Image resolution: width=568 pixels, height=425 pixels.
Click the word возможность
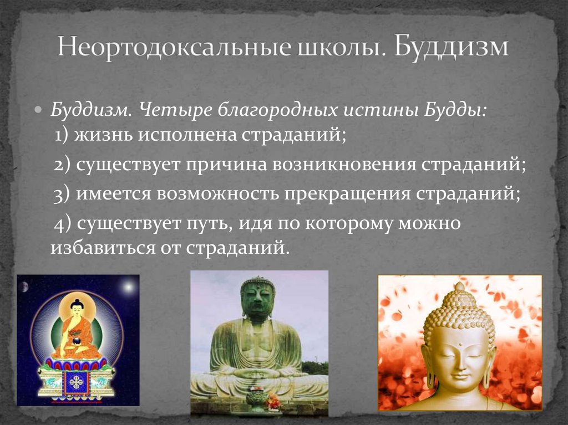tap(219, 194)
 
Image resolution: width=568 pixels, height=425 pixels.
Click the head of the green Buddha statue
tap(257, 297)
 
